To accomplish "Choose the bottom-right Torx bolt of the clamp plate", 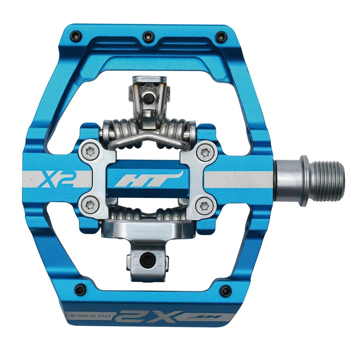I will (x=205, y=205).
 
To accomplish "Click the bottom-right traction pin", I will (x=226, y=290).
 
